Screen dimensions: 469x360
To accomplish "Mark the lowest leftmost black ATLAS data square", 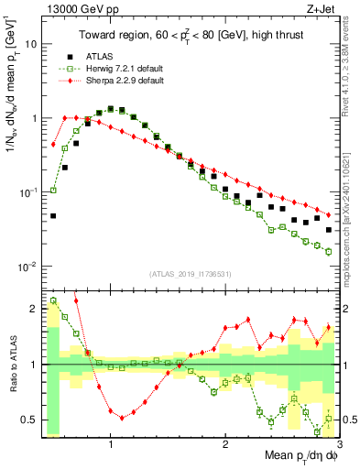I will [53, 216].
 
